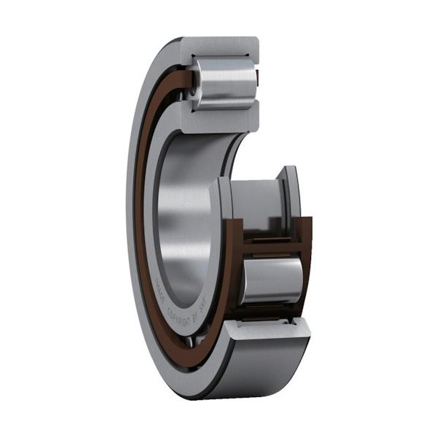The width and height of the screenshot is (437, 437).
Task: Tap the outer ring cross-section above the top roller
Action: (219, 47)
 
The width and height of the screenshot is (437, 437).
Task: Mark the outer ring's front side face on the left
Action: (131, 219)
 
